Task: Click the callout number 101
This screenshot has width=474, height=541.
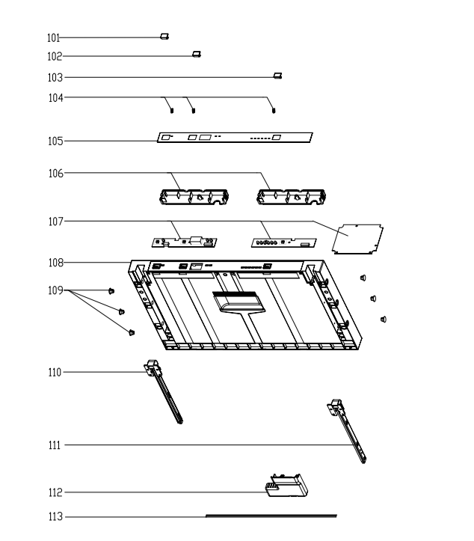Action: [x=53, y=37]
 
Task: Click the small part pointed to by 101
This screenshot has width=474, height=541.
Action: [x=164, y=36]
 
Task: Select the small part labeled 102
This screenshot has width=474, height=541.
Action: [x=196, y=55]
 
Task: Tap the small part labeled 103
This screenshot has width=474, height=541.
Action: [x=277, y=76]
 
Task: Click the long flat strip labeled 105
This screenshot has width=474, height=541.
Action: [x=235, y=138]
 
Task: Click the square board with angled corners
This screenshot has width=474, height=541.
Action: [x=357, y=238]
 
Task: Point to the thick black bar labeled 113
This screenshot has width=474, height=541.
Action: [x=271, y=516]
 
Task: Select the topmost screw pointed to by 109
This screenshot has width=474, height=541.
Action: [x=111, y=291]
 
